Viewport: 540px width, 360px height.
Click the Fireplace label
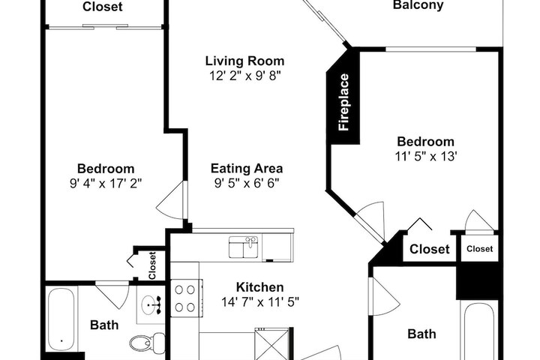point(343,102)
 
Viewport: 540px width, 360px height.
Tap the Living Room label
point(244,61)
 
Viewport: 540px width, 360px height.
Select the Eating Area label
point(247,169)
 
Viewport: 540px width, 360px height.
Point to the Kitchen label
point(260,287)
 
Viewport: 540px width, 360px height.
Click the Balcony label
point(418,5)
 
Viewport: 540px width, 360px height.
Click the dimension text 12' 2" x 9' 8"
point(245,76)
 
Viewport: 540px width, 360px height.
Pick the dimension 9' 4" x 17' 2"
point(106,183)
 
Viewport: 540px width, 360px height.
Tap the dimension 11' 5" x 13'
point(426,157)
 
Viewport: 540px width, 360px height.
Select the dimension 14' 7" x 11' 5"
point(260,302)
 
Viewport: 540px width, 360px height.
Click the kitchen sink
point(244,247)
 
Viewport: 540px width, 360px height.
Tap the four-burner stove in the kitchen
point(186,298)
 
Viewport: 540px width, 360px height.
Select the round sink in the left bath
point(151,305)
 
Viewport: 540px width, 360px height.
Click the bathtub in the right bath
point(478,331)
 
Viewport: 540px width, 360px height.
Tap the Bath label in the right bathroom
point(421,334)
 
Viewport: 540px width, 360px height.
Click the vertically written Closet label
point(151,265)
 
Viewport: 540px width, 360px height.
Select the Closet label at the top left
point(102,7)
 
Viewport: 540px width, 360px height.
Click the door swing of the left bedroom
point(170,200)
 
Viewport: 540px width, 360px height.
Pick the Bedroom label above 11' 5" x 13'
point(425,141)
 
